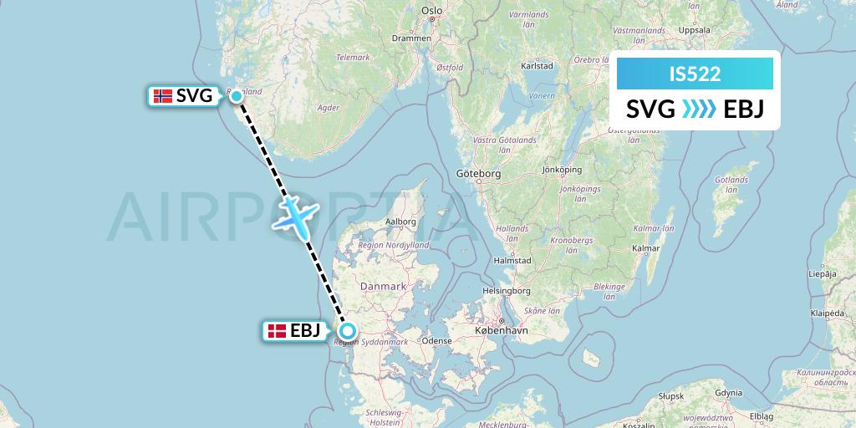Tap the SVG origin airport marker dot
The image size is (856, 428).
tap(237, 96)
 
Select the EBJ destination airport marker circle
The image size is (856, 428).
tap(347, 330)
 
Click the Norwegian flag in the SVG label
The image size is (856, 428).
tap(163, 96)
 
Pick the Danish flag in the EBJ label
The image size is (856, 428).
tap(277, 331)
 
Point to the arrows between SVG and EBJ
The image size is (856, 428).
tap(698, 110)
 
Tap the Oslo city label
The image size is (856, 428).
tap(431, 11)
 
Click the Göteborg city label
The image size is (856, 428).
tap(478, 174)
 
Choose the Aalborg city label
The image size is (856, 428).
tap(400, 222)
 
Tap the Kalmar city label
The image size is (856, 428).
tap(646, 248)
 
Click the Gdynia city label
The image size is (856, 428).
tap(728, 392)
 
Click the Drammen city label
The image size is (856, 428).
tap(415, 38)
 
